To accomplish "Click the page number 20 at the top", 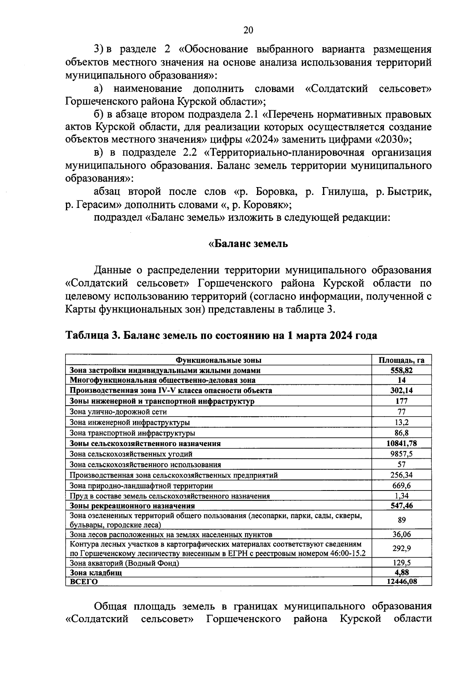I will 248,30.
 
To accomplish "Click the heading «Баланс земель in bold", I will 248,244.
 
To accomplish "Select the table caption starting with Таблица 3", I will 221,335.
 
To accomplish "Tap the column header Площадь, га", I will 402,360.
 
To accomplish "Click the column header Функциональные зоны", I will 218,360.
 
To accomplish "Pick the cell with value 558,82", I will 402,370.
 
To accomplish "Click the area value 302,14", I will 402,390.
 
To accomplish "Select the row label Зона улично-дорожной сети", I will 118,412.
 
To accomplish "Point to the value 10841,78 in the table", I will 402,443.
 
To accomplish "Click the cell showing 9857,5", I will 402,454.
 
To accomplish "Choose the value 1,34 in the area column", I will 402,496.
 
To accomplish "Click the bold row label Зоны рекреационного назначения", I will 132,506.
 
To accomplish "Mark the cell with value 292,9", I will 402,548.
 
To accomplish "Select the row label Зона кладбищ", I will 96,573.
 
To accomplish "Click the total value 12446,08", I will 402,582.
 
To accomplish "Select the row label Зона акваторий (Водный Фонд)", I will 124,563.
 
